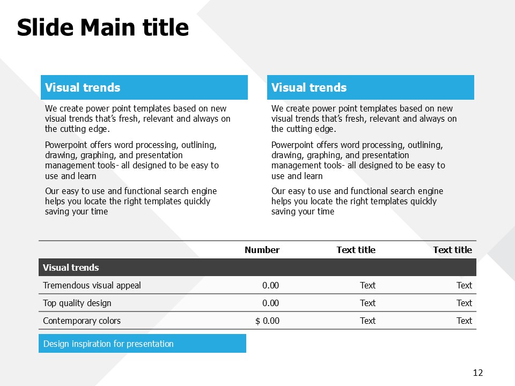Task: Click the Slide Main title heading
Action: point(103,27)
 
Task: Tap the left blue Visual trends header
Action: point(144,87)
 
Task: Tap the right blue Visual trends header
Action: point(371,87)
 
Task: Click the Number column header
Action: point(262,250)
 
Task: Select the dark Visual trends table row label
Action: point(71,268)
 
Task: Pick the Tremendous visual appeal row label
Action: point(92,286)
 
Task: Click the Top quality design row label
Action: point(77,303)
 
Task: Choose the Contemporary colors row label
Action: point(82,321)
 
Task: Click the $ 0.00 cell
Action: point(267,321)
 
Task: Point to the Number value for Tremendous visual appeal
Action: point(270,285)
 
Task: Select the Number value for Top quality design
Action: point(270,303)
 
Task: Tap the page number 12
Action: point(478,373)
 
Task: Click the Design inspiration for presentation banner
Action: point(142,343)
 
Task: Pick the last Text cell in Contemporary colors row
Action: point(464,321)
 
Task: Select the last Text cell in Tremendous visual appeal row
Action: point(464,285)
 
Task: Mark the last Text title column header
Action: point(453,250)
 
